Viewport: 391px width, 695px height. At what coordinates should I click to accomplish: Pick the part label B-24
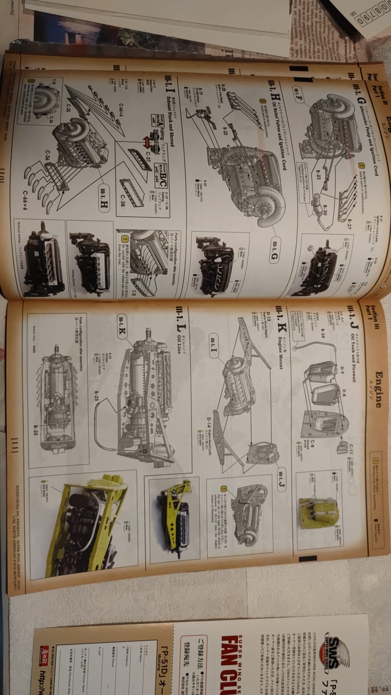pos(323,335)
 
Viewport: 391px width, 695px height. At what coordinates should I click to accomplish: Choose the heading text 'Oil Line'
pos(178,341)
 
